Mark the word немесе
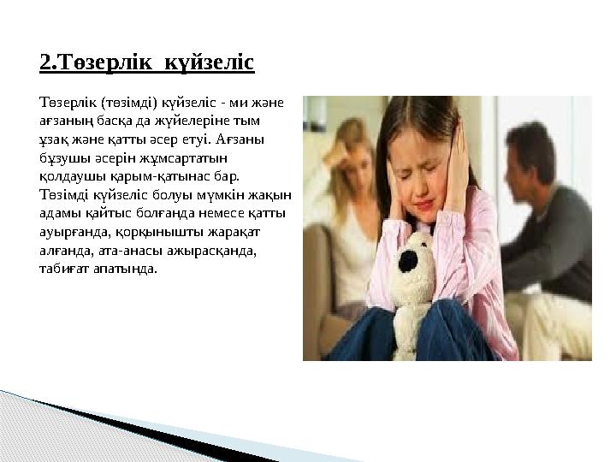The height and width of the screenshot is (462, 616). tap(225, 210)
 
